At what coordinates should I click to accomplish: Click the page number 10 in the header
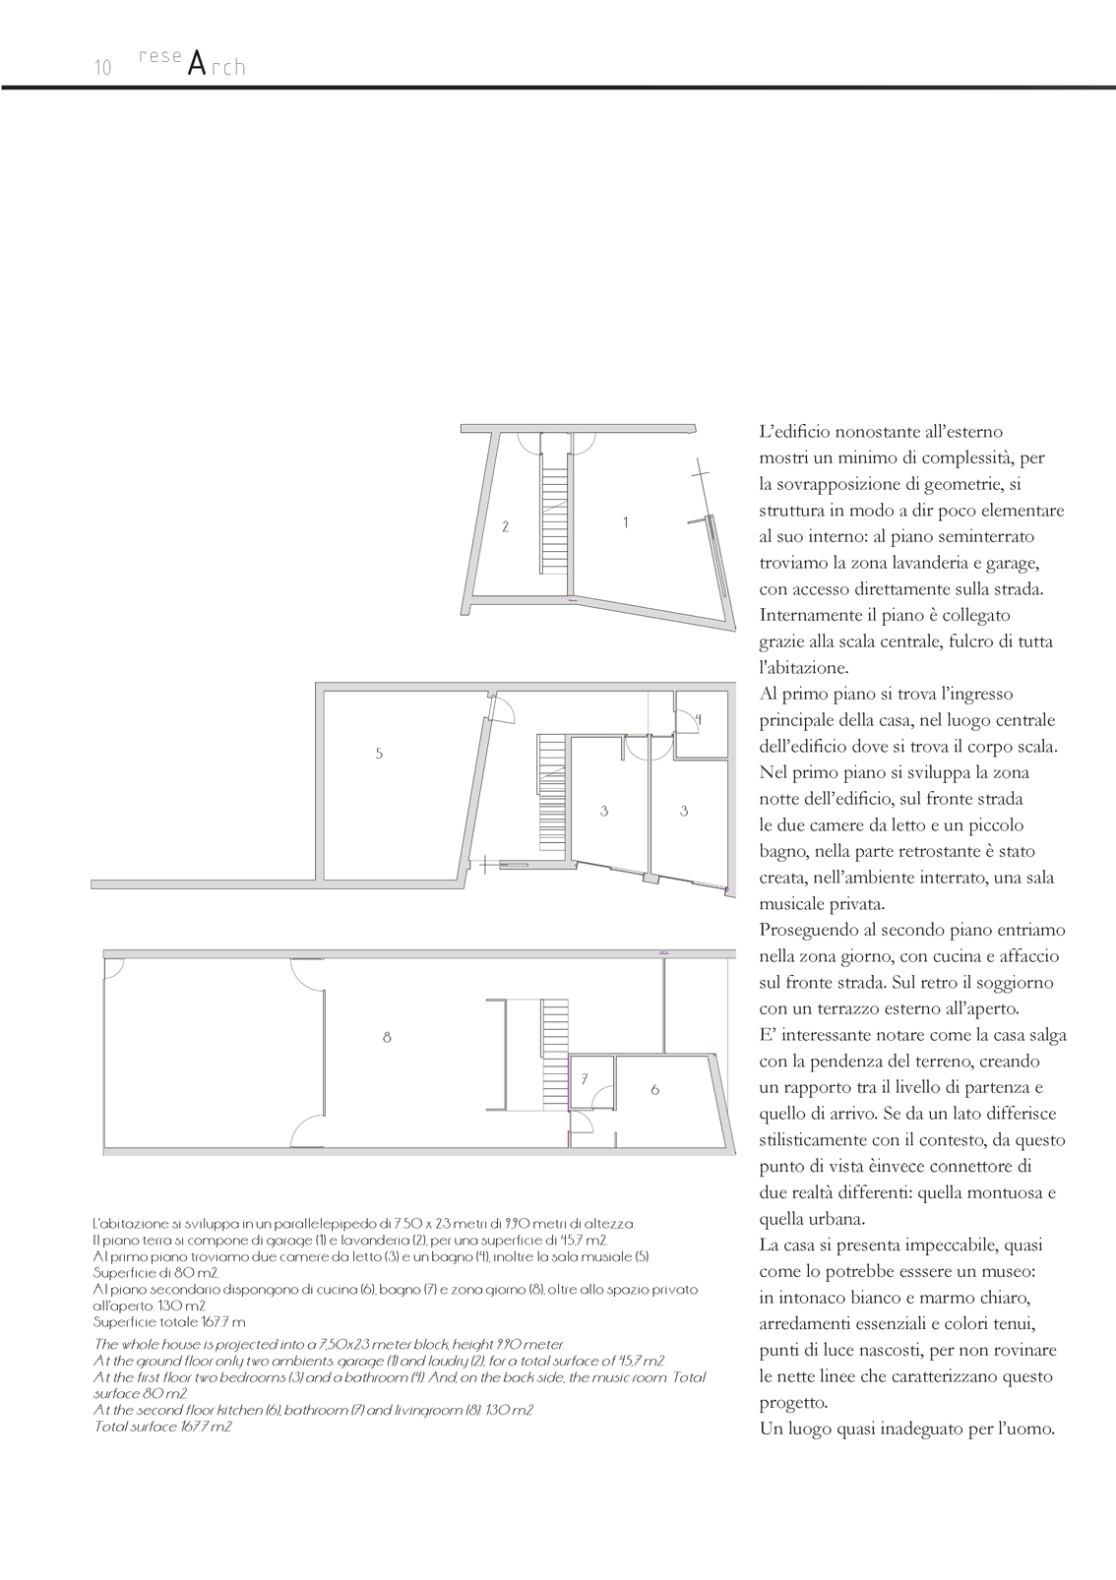click(x=102, y=68)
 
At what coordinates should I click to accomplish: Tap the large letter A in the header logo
click(x=197, y=65)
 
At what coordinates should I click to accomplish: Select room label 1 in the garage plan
click(x=626, y=523)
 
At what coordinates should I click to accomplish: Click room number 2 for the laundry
click(x=506, y=527)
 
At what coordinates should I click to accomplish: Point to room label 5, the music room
click(x=379, y=754)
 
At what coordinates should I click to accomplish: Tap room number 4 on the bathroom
click(x=698, y=720)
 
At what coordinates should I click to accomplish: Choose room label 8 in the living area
click(x=387, y=1037)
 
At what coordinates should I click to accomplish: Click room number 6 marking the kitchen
click(x=655, y=1090)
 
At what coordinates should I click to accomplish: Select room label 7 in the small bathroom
click(x=585, y=1079)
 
